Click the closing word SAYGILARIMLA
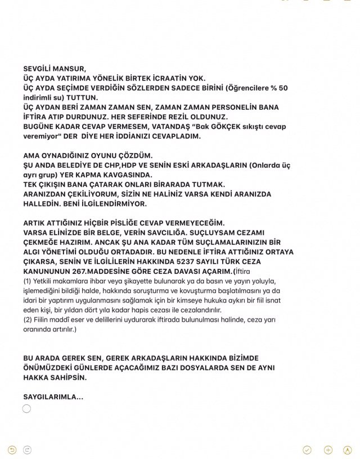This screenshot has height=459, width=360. click(x=53, y=397)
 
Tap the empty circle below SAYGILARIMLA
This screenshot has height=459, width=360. click(x=27, y=408)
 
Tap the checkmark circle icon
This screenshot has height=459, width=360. click(x=307, y=449)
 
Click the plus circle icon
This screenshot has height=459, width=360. click(x=328, y=449)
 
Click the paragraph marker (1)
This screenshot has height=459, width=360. click(x=28, y=281)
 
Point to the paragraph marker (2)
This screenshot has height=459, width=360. click(x=28, y=319)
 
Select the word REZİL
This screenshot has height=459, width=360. click(x=181, y=116)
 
